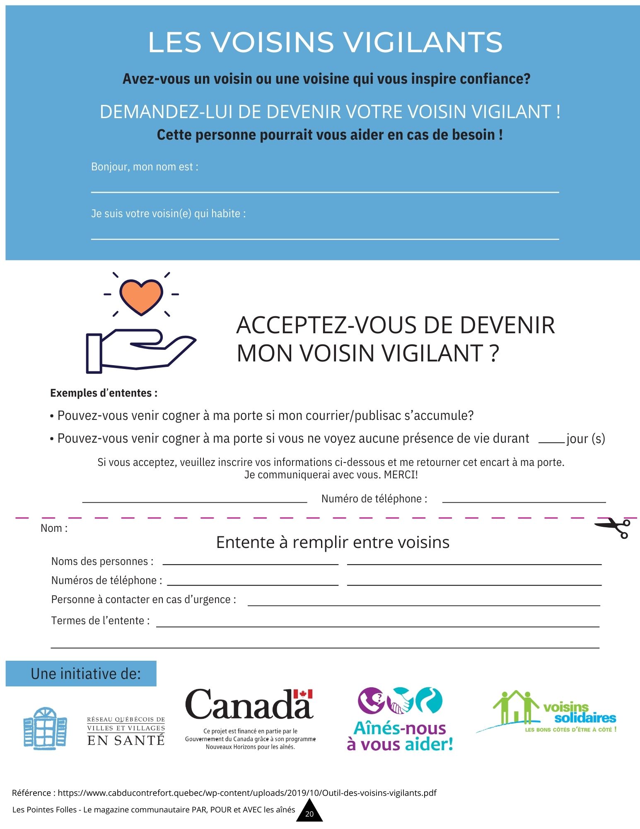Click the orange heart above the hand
[x=141, y=296]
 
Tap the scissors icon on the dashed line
[x=613, y=528]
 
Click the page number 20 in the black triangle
[x=309, y=814]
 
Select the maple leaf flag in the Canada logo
[x=303, y=694]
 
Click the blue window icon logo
[x=45, y=728]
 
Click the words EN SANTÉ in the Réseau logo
[x=126, y=741]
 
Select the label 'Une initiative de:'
[x=86, y=674]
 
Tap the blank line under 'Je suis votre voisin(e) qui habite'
[x=325, y=238]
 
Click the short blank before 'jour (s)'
[x=551, y=442]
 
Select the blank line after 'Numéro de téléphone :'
[x=524, y=501]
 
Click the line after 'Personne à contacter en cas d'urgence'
[x=423, y=604]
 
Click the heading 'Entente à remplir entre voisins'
[x=333, y=542]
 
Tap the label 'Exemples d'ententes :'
[x=104, y=393]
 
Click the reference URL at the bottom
[x=247, y=793]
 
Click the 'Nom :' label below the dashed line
[x=54, y=528]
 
